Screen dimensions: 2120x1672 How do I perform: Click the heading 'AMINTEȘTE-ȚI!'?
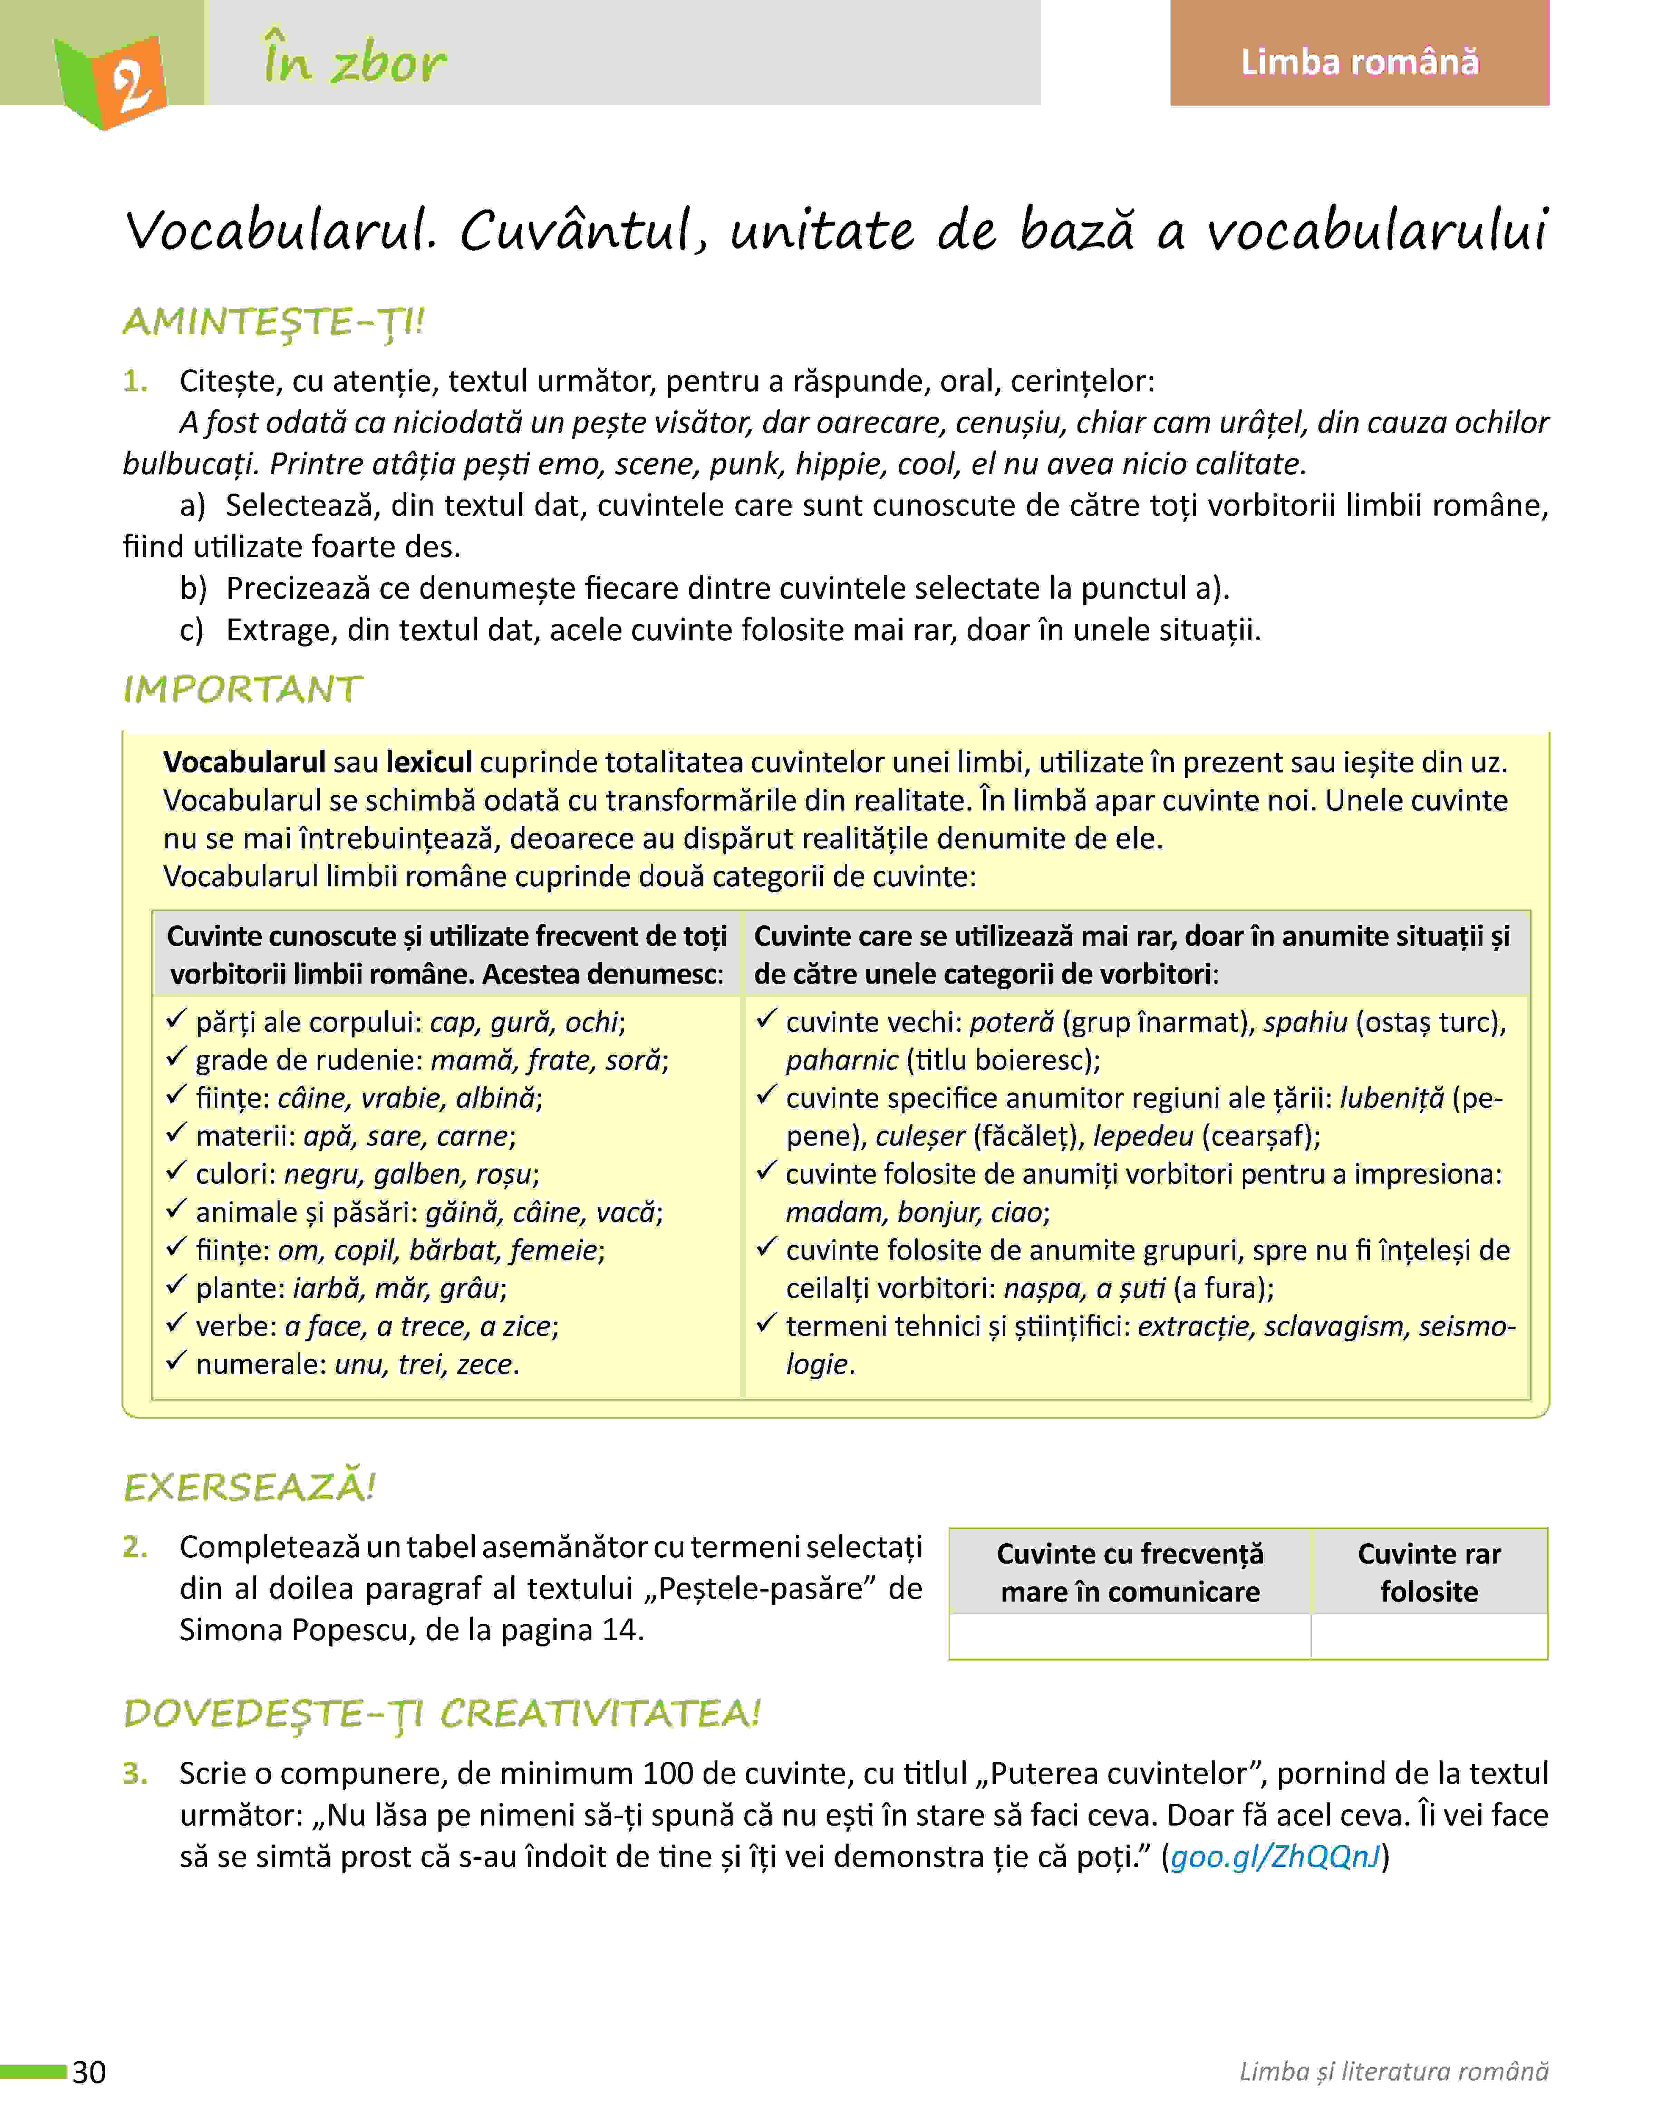tap(274, 322)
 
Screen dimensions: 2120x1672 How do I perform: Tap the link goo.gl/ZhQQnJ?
tap(1275, 1856)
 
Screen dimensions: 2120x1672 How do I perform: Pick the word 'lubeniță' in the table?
tap(1391, 1098)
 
